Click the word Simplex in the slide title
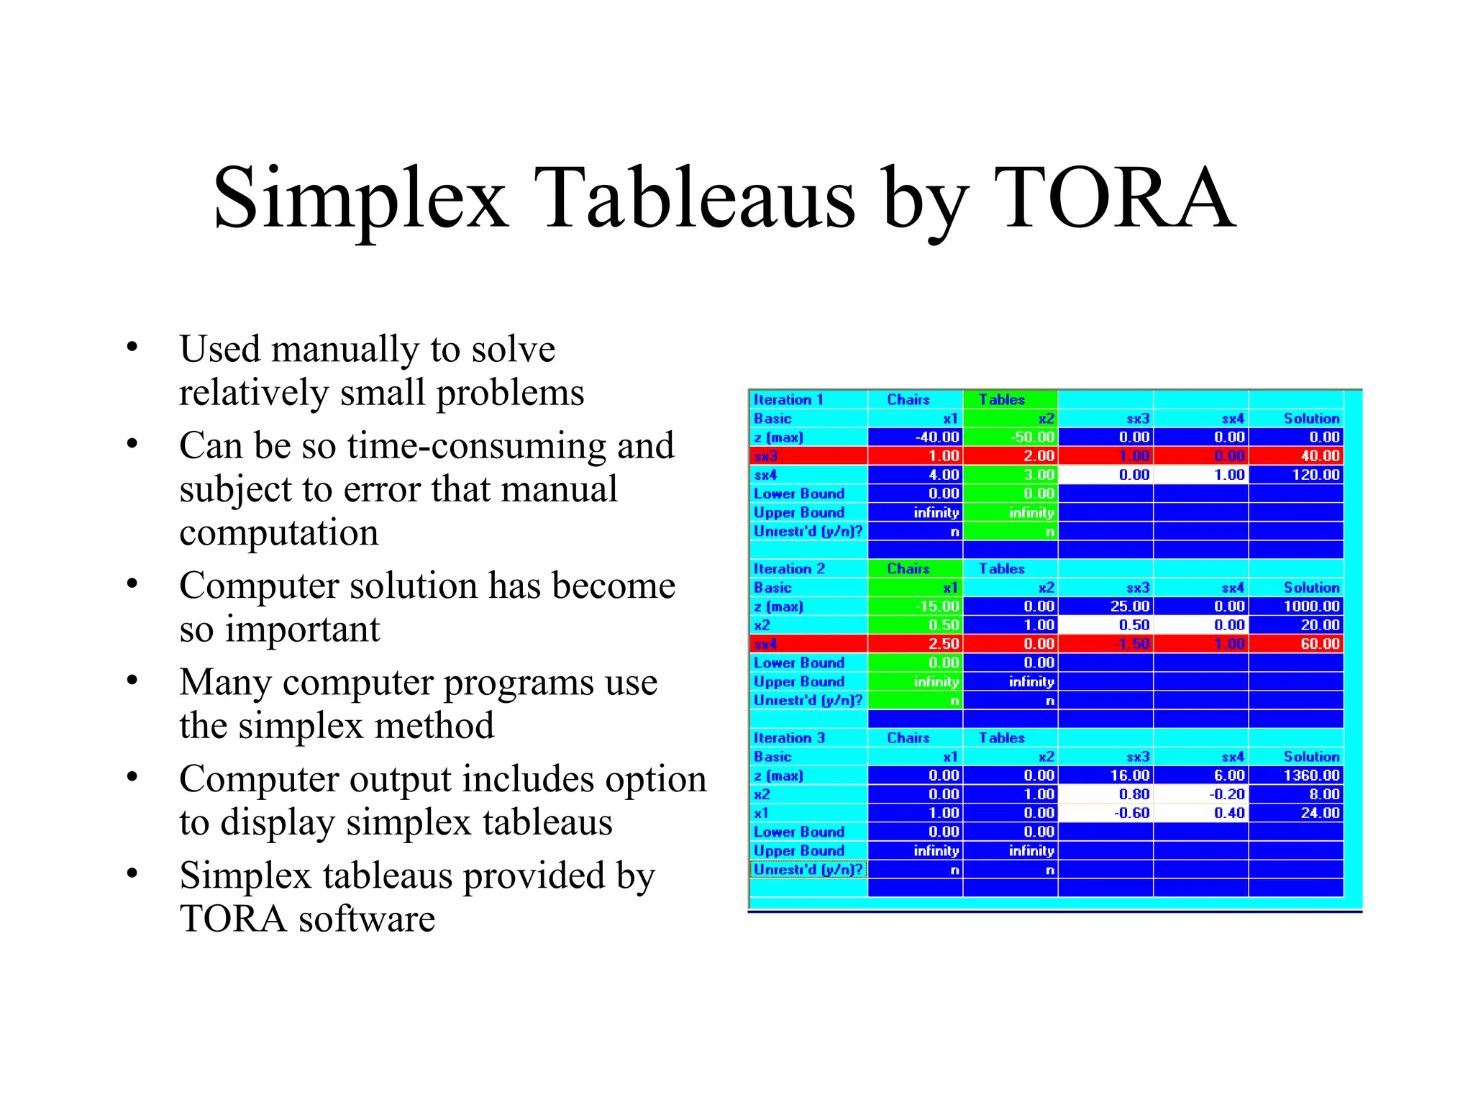(360, 198)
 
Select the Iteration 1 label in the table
(788, 399)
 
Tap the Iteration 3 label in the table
(789, 737)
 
